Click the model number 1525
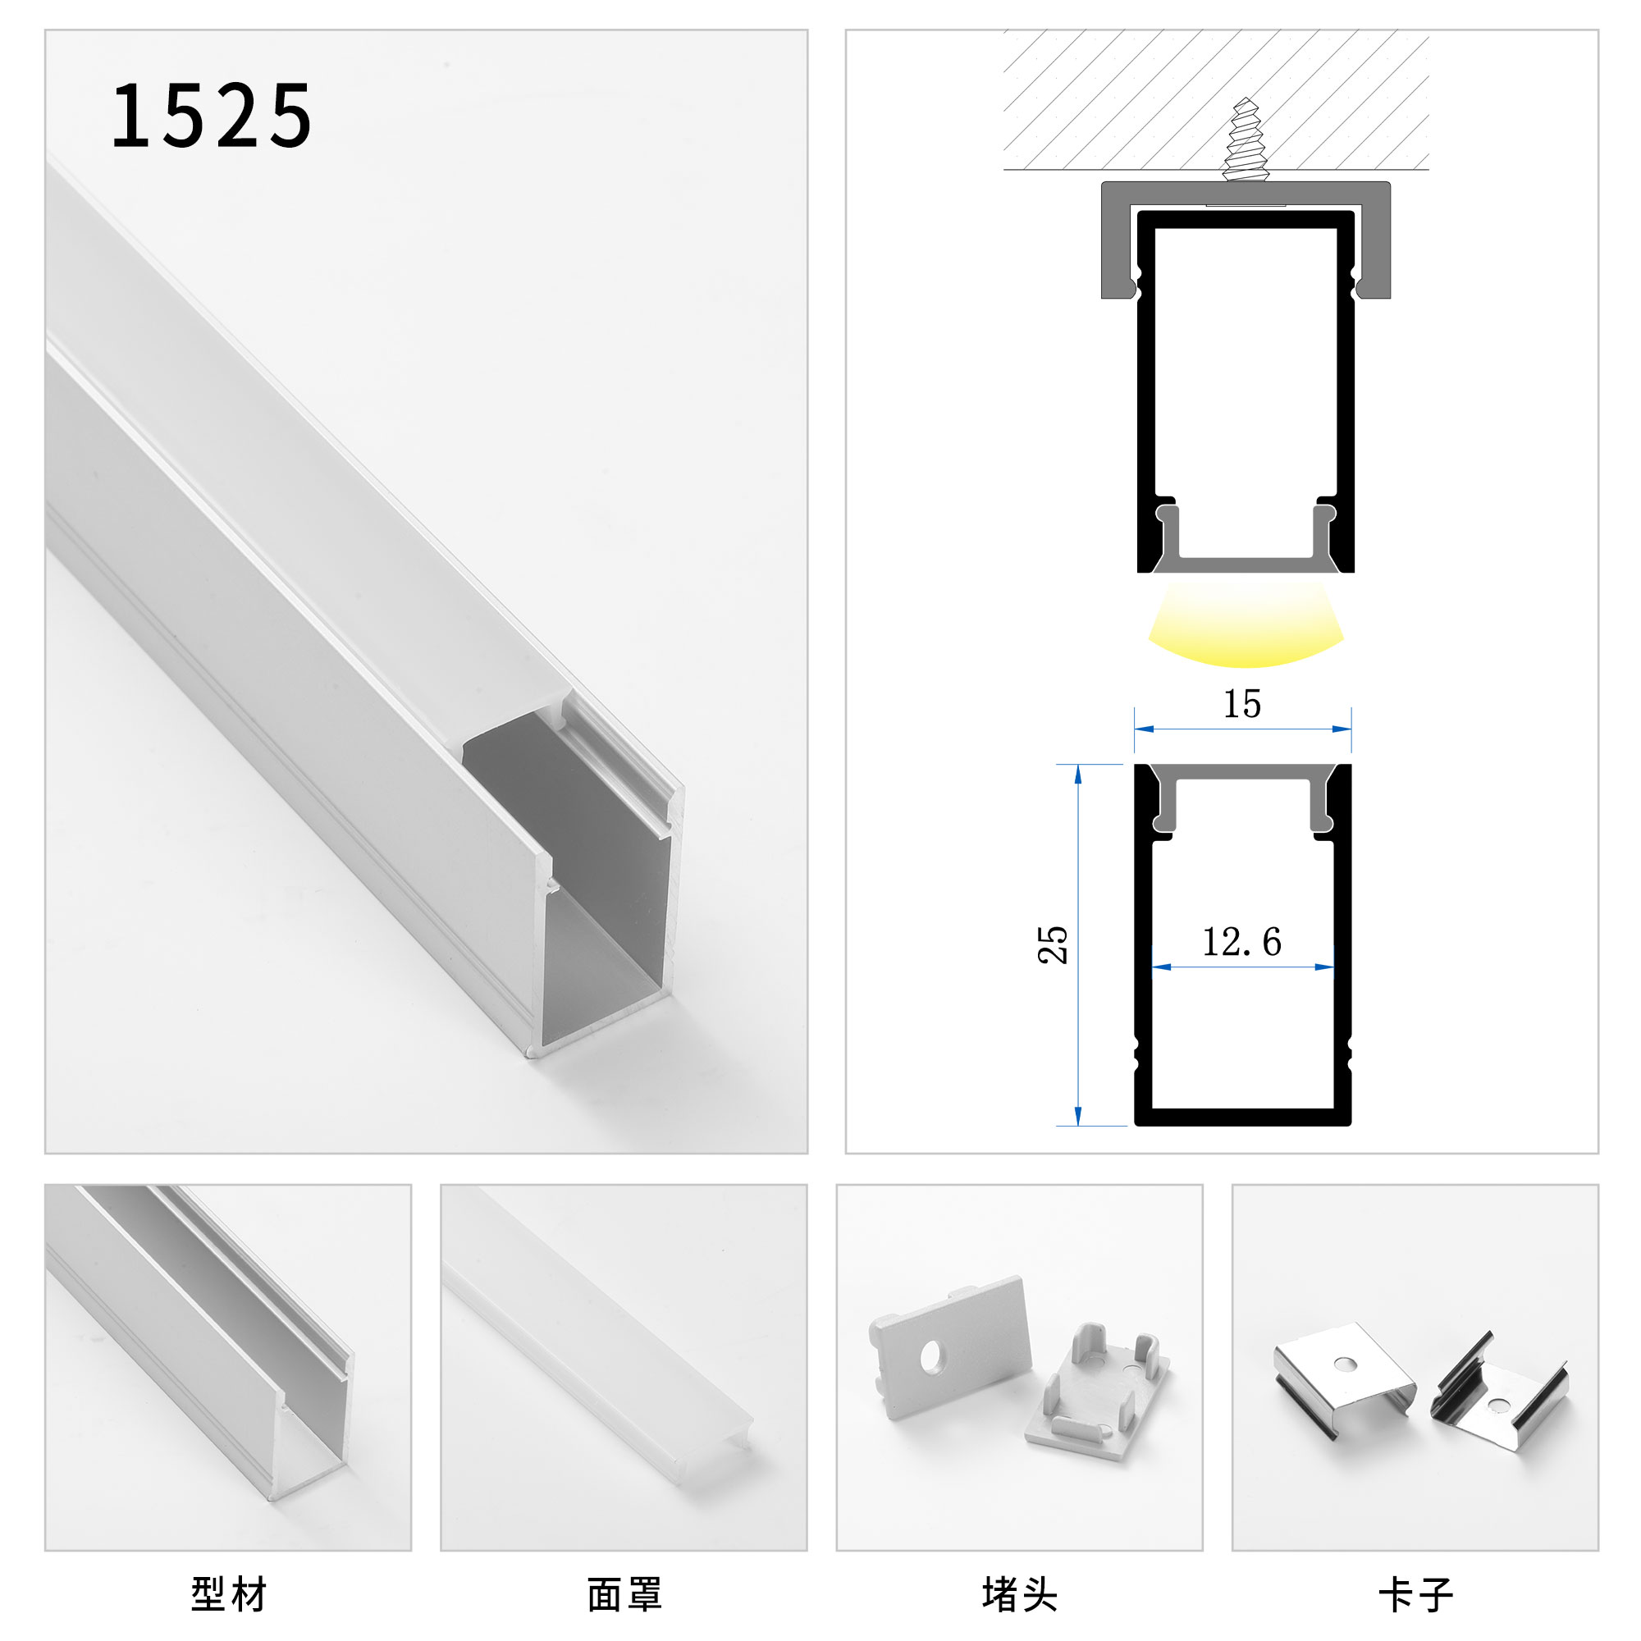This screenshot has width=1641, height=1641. tap(212, 117)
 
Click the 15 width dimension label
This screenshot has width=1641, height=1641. tap(1241, 704)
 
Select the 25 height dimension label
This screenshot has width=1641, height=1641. tap(1054, 944)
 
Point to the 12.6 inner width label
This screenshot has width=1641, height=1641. tap(1241, 942)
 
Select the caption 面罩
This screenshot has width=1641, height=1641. tap(624, 1594)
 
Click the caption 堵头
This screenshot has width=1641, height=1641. tap(1019, 1594)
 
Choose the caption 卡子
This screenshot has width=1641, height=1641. tap(1415, 1594)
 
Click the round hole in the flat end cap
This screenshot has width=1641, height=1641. tap(932, 1360)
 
